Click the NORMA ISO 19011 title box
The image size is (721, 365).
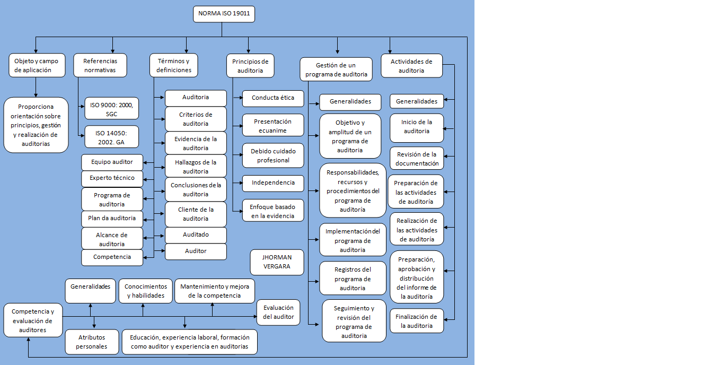click(224, 14)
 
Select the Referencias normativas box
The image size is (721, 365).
click(100, 65)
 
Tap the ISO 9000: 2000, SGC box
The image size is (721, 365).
click(112, 109)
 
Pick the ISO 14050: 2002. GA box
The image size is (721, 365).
click(112, 137)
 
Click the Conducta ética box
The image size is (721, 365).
click(273, 99)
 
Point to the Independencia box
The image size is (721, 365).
click(273, 184)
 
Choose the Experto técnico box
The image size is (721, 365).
click(112, 179)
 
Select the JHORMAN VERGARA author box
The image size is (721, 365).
click(277, 262)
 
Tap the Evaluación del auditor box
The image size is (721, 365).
click(278, 312)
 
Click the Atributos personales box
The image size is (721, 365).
click(92, 342)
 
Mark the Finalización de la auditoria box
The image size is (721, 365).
click(417, 321)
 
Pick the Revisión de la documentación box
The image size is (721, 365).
click(417, 158)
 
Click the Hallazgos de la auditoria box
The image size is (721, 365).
click(196, 166)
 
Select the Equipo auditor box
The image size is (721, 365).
click(112, 162)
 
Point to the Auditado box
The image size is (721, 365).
click(196, 235)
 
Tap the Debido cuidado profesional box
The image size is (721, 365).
click(273, 155)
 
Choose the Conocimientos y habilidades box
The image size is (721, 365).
click(146, 291)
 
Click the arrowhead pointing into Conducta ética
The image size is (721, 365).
click(241, 98)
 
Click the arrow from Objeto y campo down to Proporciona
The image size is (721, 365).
click(36, 88)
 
